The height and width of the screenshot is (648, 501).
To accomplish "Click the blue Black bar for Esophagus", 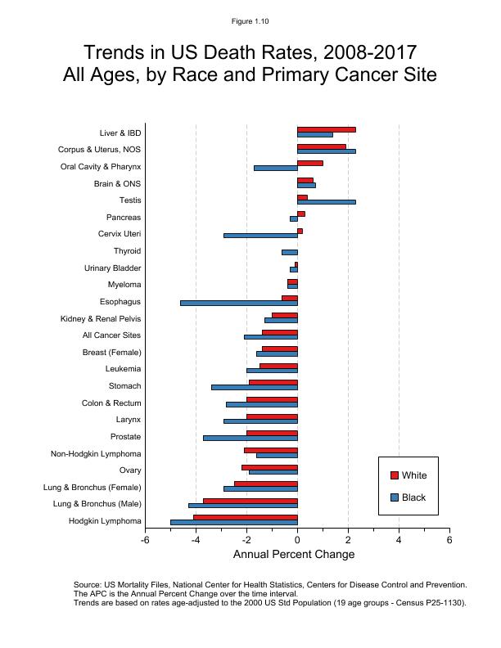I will tap(239, 303).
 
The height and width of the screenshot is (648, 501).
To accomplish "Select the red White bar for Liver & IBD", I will tap(326, 129).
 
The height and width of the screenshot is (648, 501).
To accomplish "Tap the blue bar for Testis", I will tap(326, 201).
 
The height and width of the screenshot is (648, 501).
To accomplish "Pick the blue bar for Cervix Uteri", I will tap(260, 235).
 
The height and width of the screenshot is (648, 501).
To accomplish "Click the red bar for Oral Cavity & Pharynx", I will tap(310, 163).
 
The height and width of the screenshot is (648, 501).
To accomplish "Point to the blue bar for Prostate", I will tap(250, 438).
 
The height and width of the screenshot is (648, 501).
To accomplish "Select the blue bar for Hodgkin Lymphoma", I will tap(234, 522).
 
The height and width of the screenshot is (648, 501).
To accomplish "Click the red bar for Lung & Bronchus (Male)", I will tap(250, 501).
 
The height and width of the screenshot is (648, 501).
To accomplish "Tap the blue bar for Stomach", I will tap(255, 387).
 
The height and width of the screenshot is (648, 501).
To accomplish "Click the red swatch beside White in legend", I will tap(394, 475).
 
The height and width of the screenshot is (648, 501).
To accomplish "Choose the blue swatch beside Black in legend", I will tap(394, 497).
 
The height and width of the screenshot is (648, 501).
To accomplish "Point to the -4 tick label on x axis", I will tap(196, 540).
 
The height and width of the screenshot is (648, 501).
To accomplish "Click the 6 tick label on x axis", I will tap(449, 540).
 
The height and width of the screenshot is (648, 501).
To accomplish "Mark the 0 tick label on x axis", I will tap(297, 540).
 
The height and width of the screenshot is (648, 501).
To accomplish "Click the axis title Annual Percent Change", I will tap(294, 555).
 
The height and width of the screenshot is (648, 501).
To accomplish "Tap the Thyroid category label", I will tap(127, 251).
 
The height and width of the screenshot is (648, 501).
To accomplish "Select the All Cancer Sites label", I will tap(111, 335).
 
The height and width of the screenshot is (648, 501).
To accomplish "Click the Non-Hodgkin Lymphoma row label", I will tap(96, 454).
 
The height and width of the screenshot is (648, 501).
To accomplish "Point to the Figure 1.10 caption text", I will tap(250, 21).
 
